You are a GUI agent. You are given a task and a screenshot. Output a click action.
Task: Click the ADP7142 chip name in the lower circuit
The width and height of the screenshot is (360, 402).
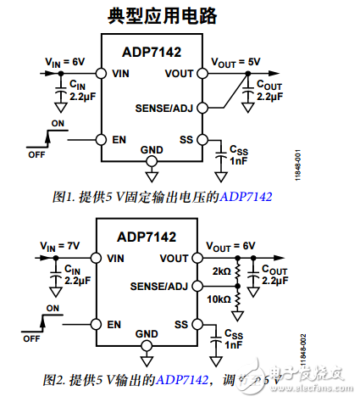coord(148,237)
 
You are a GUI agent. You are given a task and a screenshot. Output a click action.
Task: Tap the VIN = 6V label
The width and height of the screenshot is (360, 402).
coord(63,62)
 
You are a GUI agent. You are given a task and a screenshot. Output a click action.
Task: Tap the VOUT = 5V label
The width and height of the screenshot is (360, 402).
coord(235,62)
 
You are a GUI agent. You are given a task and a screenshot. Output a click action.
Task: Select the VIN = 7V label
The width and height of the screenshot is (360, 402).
coord(58,246)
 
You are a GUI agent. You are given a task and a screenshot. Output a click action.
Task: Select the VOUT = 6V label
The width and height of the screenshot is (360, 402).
coord(231,246)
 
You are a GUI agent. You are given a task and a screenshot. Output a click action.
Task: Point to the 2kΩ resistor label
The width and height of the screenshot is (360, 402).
coord(222,271)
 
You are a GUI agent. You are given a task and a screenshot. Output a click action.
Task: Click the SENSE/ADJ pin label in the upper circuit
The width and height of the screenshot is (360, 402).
coord(165,109)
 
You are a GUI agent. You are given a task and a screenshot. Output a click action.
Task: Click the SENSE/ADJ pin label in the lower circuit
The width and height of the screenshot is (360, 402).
coord(160,288)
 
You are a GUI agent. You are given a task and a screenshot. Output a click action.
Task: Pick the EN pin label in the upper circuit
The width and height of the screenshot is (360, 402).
coord(119,140)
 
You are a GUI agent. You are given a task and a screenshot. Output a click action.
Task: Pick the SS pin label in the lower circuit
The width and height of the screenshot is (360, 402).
coord(180,323)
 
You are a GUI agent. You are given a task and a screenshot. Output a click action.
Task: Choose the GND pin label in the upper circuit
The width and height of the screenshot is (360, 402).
coord(152,150)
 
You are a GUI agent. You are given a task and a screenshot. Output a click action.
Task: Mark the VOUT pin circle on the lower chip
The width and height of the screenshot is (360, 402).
coord(197,257)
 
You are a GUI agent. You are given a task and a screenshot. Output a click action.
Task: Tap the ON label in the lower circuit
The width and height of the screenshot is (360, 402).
coord(53,308)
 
